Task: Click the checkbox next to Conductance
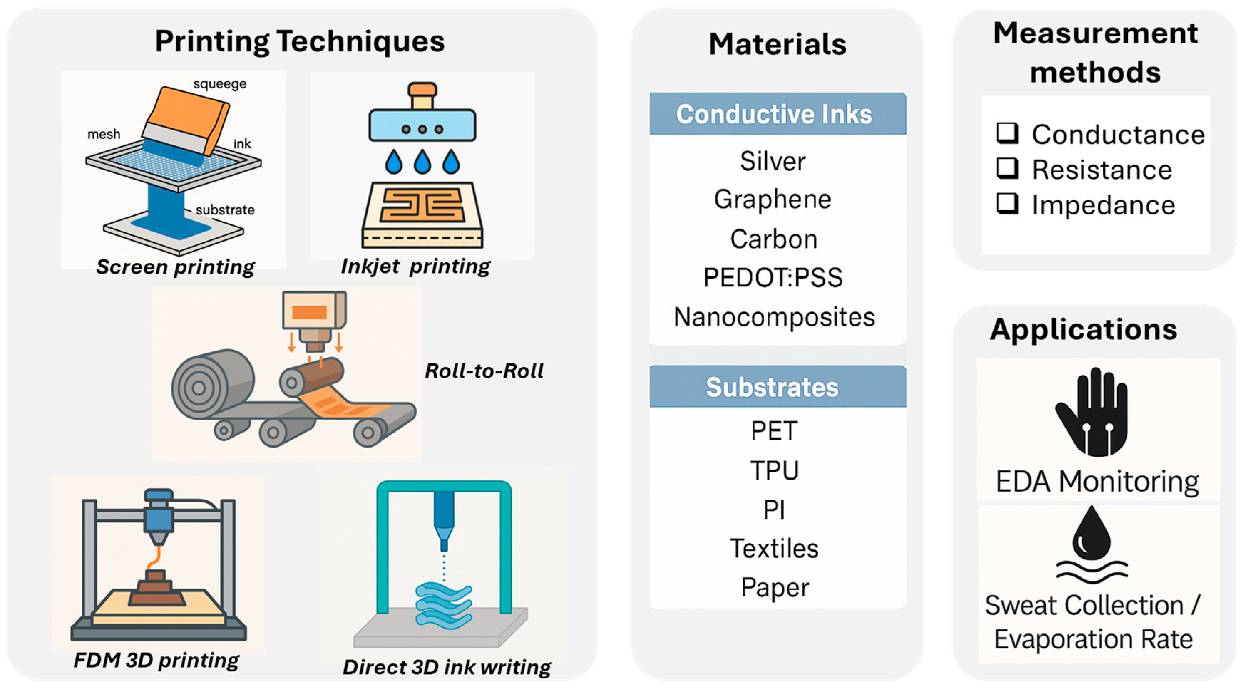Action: [x=1007, y=133]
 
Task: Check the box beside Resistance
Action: [x=1007, y=169]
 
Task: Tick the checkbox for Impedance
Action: [x=1007, y=204]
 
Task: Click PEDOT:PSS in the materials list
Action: [x=773, y=277]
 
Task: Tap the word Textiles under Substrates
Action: [x=774, y=548]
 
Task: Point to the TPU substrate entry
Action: [x=774, y=470]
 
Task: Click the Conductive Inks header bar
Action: [x=778, y=114]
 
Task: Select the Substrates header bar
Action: [x=778, y=387]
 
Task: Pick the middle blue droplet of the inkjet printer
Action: [x=422, y=162]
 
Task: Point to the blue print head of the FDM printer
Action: [x=159, y=516]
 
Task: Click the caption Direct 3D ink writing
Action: [x=447, y=667]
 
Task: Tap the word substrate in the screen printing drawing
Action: [x=225, y=210]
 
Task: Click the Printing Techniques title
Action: [x=300, y=41]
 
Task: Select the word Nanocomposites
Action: [x=774, y=317]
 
